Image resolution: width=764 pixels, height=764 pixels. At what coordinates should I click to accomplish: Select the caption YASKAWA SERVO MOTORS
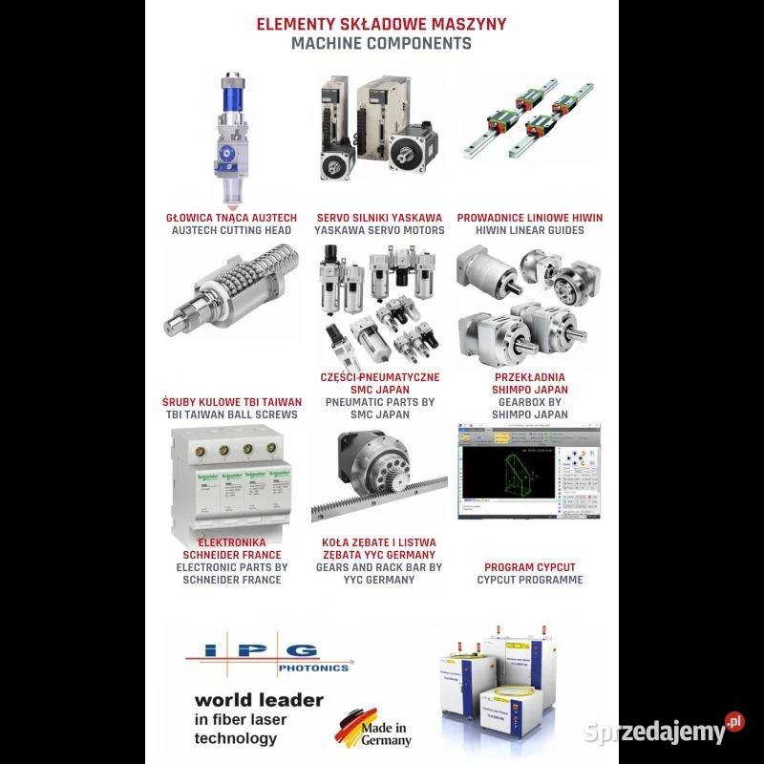coord(380,230)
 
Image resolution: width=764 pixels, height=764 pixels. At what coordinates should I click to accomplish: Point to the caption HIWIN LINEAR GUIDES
coord(530,230)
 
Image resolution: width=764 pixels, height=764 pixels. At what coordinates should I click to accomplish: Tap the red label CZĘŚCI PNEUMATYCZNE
coord(380,377)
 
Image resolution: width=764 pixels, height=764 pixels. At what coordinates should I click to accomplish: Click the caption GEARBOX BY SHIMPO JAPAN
coord(530,409)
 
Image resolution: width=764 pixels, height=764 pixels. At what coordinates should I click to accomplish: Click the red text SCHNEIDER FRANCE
coord(232,555)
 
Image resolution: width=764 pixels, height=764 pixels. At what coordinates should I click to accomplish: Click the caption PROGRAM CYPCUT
coord(530,567)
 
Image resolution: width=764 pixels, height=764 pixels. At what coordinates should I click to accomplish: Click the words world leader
coord(258,699)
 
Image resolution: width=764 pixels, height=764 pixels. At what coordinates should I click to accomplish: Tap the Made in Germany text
coord(387,733)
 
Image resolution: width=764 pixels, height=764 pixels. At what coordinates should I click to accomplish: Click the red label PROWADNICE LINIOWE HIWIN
coord(530,218)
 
